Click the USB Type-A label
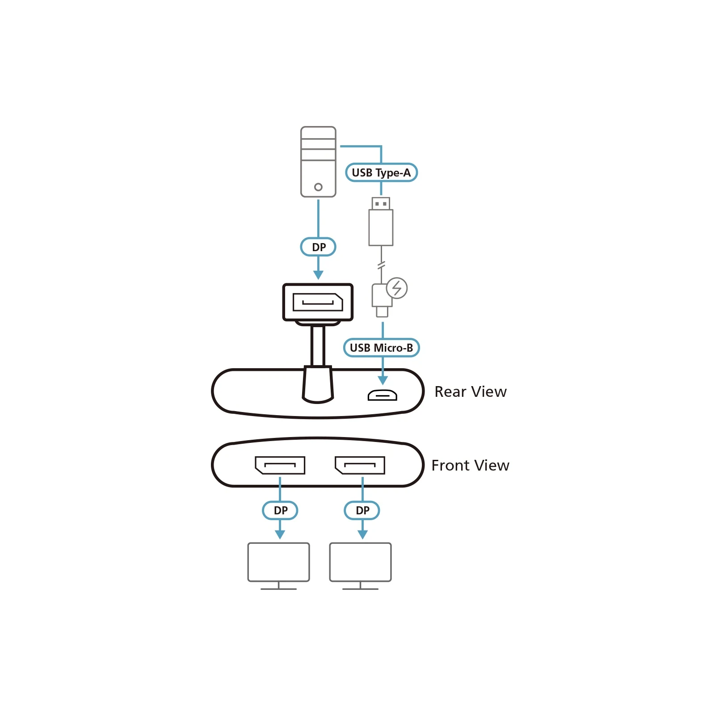pos(381,172)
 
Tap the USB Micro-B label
pos(381,348)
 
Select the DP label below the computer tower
pos(318,247)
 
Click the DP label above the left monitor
pos(280,510)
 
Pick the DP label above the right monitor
pos(362,510)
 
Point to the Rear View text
pos(471,391)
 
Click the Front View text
pos(470,465)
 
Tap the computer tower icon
pos(318,162)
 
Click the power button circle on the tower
pos(318,187)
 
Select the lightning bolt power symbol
pos(397,288)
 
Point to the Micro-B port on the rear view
pos(382,395)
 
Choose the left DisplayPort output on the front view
pos(280,465)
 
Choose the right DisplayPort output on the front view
pos(360,465)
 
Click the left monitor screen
pos(278,562)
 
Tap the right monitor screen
pos(360,562)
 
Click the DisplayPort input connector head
pos(318,302)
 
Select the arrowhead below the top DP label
pos(318,275)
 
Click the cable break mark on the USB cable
pos(381,266)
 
